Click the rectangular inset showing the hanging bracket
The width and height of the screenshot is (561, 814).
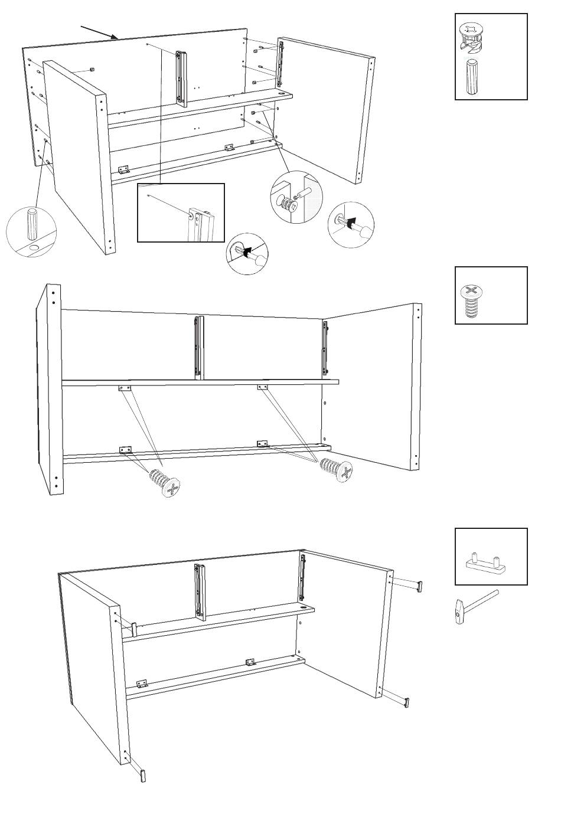[181, 213]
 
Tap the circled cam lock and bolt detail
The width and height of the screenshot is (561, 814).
[295, 198]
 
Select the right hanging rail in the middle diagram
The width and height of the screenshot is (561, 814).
[324, 348]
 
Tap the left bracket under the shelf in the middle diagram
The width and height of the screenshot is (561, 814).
[125, 388]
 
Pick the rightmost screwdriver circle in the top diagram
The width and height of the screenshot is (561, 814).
[351, 225]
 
